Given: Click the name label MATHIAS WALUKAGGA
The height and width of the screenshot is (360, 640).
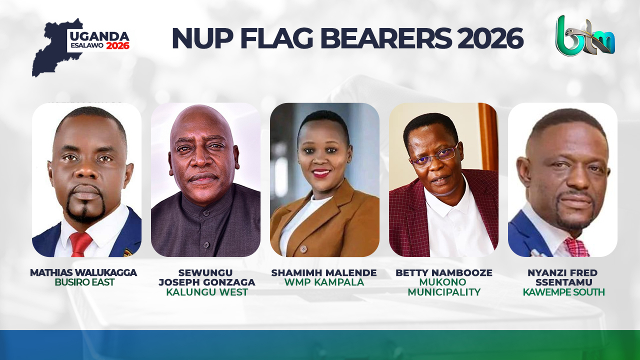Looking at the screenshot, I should tap(83, 272).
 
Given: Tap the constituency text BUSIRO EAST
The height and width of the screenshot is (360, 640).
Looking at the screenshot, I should tap(84, 282).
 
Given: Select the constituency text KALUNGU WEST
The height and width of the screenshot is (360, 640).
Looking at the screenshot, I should tap(206, 292).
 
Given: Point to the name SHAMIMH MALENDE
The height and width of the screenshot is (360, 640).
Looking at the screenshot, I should tap(324, 272).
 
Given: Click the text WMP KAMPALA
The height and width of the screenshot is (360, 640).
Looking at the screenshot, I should tap(324, 282).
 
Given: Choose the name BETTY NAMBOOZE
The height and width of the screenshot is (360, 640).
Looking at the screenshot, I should tap(444, 272).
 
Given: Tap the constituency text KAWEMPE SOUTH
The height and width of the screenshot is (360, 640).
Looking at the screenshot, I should tap(563, 292).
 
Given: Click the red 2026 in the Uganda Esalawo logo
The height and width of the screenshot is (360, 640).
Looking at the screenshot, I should tap(117, 45).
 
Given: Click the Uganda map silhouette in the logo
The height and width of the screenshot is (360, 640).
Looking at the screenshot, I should tap(50, 50).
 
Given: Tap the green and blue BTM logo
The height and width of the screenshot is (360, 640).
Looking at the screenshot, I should tap(585, 36).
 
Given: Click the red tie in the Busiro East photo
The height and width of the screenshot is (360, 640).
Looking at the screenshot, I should tap(80, 243).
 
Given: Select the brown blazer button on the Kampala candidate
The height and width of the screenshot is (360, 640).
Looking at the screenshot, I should tap(303, 248).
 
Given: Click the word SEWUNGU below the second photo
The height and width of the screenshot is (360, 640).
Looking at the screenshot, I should tap(205, 272).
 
